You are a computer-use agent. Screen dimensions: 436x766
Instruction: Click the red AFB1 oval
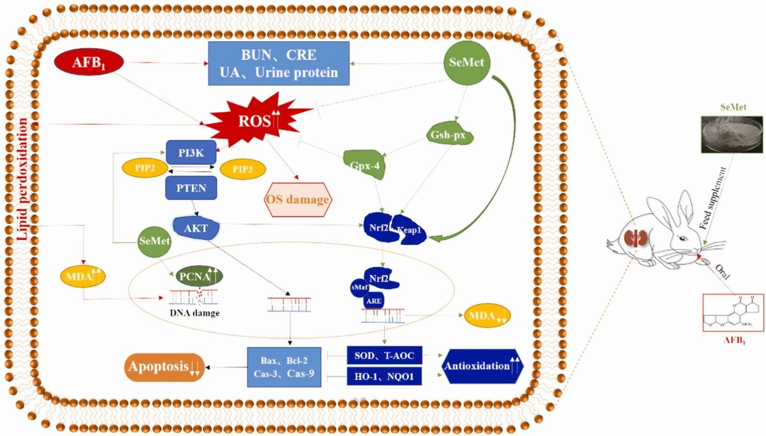(89, 62)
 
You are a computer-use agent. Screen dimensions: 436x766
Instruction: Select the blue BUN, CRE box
(279, 63)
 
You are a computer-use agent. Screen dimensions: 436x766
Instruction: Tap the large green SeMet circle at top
(466, 62)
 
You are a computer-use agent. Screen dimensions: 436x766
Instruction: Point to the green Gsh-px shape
(448, 134)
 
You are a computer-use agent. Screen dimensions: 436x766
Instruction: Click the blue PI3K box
(191, 153)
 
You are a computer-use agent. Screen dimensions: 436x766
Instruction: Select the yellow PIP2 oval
(145, 168)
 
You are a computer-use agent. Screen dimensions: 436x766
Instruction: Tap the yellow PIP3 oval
(242, 169)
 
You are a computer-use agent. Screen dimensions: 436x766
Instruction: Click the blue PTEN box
(191, 188)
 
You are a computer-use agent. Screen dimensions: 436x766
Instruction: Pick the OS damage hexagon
(298, 199)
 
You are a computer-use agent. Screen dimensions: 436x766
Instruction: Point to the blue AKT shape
(196, 228)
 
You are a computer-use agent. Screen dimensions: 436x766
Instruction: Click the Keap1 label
(410, 230)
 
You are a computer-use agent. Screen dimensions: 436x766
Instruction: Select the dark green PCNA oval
(199, 276)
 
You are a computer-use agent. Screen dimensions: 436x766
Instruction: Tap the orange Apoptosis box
(164, 367)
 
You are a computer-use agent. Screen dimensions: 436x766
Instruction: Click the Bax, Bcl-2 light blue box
(284, 367)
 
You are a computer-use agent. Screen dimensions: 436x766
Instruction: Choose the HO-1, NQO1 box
(384, 376)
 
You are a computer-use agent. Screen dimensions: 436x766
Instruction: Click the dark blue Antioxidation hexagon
(482, 366)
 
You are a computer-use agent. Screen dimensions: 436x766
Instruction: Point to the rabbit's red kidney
(635, 238)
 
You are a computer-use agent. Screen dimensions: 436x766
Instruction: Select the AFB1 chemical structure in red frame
(733, 312)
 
